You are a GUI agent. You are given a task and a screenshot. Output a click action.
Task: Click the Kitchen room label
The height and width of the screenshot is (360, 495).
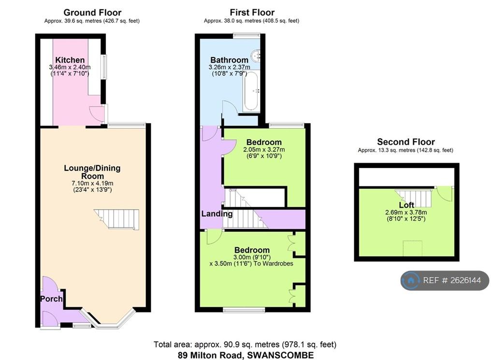click(x=70, y=60)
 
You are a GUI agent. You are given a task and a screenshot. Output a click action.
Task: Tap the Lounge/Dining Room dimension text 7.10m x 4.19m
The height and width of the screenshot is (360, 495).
click(x=92, y=183)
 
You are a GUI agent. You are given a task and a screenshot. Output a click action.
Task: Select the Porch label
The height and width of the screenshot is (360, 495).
click(x=51, y=299)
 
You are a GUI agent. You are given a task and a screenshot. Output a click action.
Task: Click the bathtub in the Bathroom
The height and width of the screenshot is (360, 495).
click(x=251, y=91)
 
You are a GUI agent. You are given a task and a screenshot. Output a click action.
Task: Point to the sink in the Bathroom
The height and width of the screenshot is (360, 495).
click(x=255, y=56)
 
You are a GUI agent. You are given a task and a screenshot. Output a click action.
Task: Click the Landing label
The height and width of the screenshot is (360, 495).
click(x=217, y=214)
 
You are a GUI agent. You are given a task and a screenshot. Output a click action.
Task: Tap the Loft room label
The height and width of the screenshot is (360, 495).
click(x=407, y=205)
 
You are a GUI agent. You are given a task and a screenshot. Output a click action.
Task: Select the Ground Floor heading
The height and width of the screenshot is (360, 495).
click(x=92, y=13)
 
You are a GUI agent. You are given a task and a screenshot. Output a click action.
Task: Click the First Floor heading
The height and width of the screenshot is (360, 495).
click(x=252, y=13)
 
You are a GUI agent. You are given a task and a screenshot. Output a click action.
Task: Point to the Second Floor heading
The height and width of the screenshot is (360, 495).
click(x=406, y=142)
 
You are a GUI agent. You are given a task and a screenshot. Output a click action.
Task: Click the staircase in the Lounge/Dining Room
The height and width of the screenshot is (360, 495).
click(x=117, y=219)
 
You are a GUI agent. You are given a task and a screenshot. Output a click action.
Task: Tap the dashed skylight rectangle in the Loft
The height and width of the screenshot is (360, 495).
click(x=413, y=248)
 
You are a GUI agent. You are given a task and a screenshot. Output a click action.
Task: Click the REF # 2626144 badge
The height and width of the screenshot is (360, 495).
click(x=445, y=280)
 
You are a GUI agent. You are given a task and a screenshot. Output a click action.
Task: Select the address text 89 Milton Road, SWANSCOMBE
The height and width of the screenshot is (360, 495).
click(x=246, y=355)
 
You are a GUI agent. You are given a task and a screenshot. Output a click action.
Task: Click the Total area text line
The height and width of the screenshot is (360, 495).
click(x=245, y=344)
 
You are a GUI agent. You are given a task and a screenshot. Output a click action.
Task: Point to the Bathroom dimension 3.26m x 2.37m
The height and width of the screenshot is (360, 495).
click(x=229, y=67)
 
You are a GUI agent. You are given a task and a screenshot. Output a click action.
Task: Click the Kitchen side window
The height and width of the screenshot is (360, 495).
click(x=103, y=67)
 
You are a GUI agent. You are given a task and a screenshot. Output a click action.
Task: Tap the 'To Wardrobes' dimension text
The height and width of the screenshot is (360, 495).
click(x=274, y=264)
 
